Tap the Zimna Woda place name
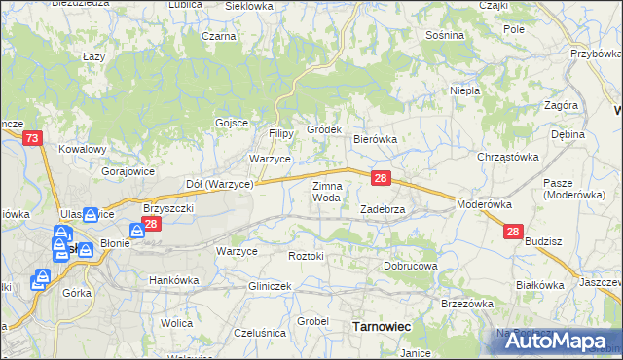[326, 191]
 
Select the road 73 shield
[32, 140]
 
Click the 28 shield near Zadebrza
[382, 178]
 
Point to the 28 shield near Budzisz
[514, 232]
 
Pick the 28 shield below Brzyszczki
[150, 225]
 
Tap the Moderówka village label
[484, 205]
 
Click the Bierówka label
[376, 139]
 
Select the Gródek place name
[324, 129]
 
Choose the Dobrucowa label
[410, 265]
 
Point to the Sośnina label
[445, 35]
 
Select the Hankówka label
[173, 280]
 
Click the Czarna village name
[219, 36]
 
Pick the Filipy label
[282, 133]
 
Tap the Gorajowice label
[128, 170]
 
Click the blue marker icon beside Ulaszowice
[91, 215]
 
